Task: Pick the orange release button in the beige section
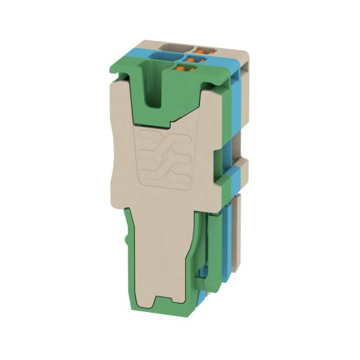point(207,48)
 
